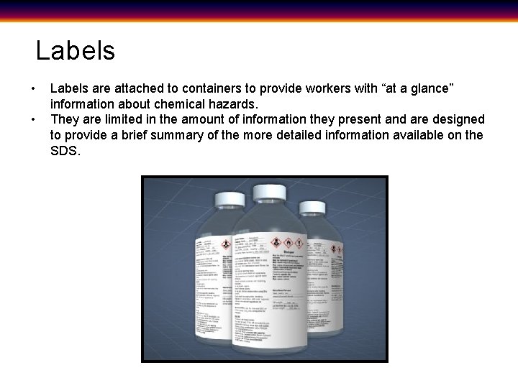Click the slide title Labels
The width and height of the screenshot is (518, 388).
click(75, 51)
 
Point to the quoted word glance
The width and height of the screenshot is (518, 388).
click(430, 88)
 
